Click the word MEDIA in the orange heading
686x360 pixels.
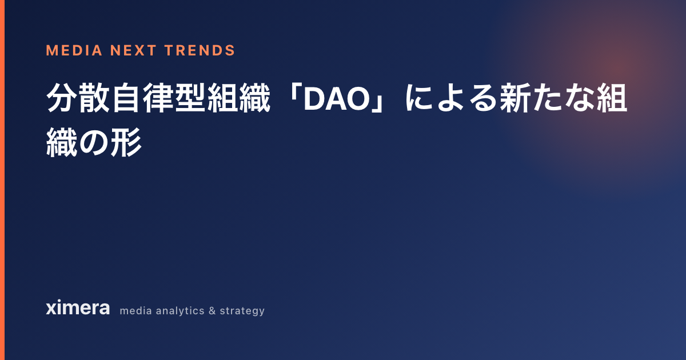(74, 50)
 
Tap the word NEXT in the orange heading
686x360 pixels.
(133, 50)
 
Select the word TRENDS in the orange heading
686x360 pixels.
(200, 50)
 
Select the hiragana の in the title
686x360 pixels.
(94, 143)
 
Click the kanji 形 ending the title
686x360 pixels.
(126, 143)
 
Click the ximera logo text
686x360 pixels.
(78, 307)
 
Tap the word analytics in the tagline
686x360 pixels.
(180, 311)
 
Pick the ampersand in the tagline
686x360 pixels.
(212, 311)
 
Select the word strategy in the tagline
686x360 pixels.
(242, 311)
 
